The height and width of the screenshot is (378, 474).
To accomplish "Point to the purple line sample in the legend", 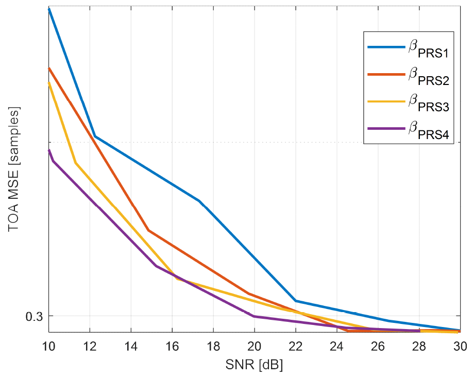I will click(x=386, y=129).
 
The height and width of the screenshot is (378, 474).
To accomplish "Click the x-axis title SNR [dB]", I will click(x=255, y=365).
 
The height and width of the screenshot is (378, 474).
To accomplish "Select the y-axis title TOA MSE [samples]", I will click(x=14, y=170).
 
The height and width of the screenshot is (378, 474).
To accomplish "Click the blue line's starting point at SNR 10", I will click(x=49, y=9).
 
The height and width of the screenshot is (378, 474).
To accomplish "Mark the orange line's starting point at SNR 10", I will click(x=49, y=68).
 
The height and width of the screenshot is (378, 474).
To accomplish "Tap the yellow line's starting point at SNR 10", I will click(x=49, y=83).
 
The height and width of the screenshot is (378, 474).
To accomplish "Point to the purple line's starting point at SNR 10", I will click(x=49, y=150).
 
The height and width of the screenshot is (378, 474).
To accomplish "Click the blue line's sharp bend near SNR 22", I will click(x=296, y=300).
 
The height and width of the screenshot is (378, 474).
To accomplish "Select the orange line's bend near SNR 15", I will click(x=148, y=230).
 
